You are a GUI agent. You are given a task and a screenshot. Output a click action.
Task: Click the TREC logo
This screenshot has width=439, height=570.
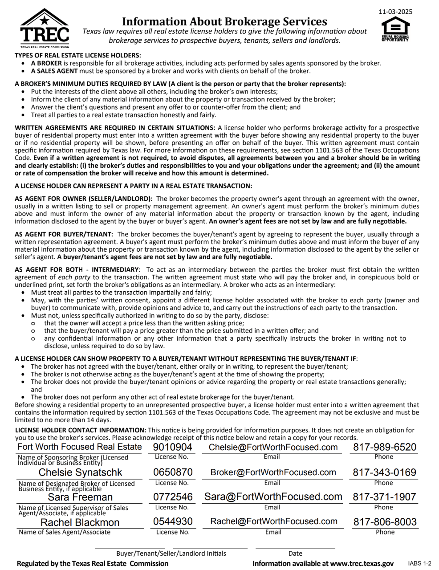[45, 28]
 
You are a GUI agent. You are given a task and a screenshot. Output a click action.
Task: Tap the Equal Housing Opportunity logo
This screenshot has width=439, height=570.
[394, 32]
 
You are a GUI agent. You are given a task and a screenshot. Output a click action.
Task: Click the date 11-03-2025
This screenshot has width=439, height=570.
[395, 12]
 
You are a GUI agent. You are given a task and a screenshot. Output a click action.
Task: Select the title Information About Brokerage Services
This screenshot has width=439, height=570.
[224, 21]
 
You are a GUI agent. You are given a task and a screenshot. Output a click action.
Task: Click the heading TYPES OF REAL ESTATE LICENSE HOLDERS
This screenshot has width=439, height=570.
[78, 55]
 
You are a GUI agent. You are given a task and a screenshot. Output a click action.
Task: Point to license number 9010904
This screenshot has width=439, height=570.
[173, 447]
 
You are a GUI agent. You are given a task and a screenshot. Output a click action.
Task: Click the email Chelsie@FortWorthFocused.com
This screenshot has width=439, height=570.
[273, 447]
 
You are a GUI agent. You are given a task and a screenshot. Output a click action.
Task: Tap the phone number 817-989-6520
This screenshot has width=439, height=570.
[385, 447]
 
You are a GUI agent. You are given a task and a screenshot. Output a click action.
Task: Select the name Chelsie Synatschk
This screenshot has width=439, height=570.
[81, 472]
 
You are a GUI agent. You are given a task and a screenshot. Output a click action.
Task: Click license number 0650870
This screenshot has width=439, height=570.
[173, 472]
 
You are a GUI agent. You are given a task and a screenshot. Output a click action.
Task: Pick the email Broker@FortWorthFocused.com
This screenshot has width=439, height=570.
[273, 472]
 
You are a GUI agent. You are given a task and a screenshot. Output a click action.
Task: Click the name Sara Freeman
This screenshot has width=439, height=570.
[81, 497]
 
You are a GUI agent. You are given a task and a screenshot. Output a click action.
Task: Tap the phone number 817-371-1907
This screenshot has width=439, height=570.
[385, 497]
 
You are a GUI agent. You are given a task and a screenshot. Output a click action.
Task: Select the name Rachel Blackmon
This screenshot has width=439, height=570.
[81, 522]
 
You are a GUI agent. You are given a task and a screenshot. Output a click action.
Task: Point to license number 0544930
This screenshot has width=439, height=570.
[173, 521]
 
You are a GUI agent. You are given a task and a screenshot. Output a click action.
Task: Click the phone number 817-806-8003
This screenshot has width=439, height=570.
[385, 521]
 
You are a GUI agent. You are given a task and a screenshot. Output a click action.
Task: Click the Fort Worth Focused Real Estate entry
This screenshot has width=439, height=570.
[80, 447]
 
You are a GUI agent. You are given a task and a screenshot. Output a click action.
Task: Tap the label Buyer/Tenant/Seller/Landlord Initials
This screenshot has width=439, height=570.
[171, 554]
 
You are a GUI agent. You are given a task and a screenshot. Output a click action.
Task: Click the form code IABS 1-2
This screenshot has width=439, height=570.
[419, 563]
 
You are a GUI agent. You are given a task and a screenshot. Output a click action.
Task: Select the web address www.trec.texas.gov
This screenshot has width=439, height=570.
[362, 563]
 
